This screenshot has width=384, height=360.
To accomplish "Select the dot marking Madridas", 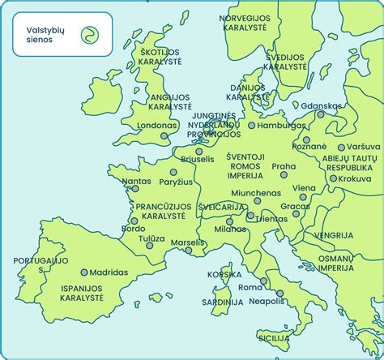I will point(84,272).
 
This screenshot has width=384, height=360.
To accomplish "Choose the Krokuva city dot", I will point(333,178).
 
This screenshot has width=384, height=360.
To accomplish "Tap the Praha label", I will point(284,166).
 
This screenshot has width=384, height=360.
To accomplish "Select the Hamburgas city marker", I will point(252,126).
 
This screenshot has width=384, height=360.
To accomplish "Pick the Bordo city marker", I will point(134,220).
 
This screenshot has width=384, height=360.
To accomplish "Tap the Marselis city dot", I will point(189,251).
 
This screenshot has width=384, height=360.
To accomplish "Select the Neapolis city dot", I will point(279,293).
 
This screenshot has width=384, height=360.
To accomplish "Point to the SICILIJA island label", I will point(274,336).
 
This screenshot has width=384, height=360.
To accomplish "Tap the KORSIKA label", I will point(224,274).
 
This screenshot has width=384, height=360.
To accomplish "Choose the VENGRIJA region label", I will point(334,235).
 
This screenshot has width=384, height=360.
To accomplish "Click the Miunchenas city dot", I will point(257,200).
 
